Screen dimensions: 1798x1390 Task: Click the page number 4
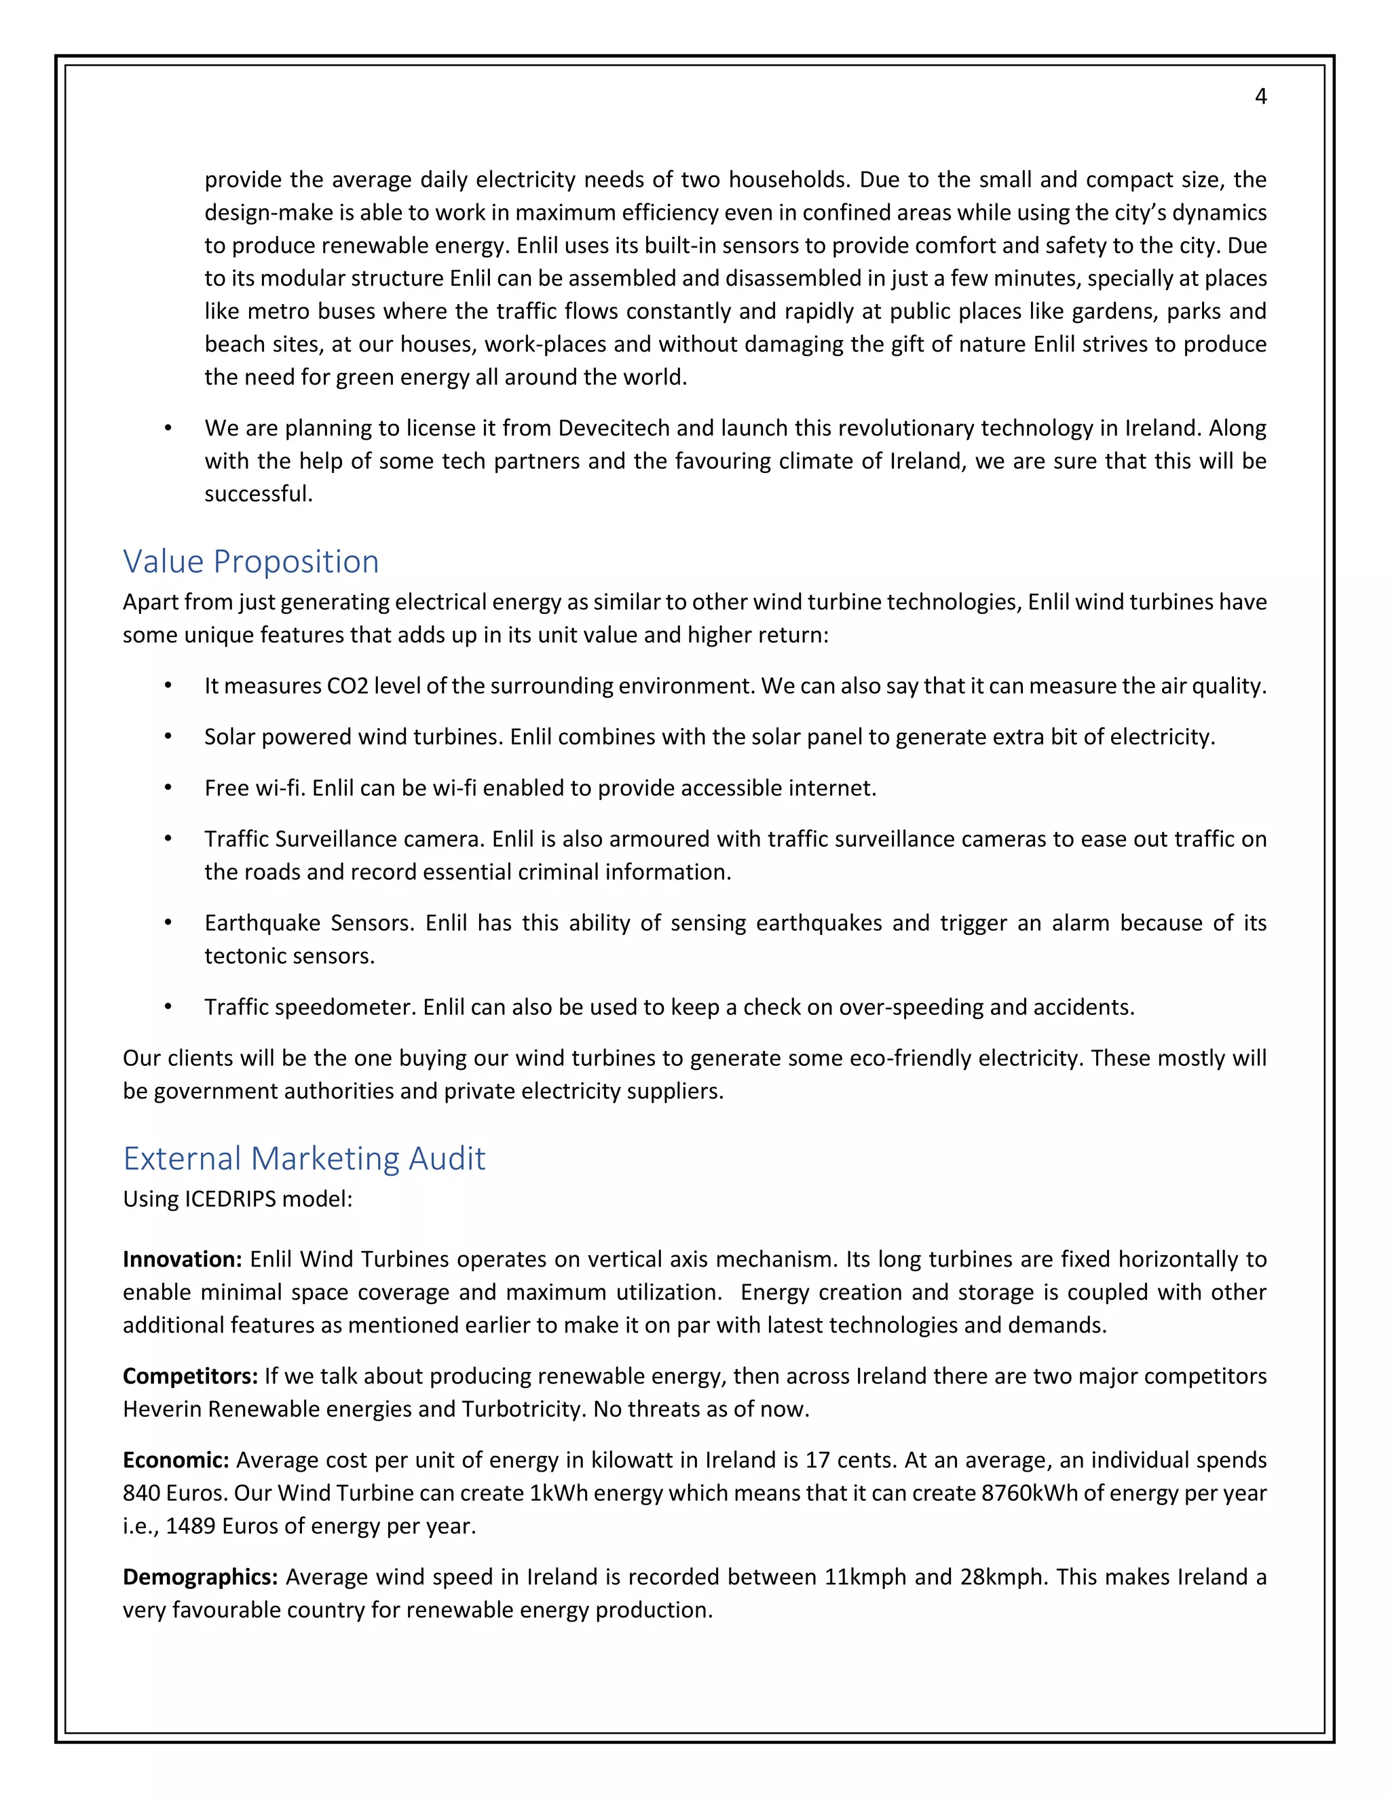coord(1260,97)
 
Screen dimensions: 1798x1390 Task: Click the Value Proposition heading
coord(250,562)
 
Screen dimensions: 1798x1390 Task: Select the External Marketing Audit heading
coord(304,1158)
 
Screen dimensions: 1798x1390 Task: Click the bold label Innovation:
coord(182,1259)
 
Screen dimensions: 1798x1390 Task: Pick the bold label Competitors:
coord(190,1377)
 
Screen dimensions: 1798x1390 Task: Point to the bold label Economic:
coord(175,1461)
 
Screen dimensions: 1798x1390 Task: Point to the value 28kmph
coord(1002,1577)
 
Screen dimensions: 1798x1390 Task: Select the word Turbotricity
coord(524,1409)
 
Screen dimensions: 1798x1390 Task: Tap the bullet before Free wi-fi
coord(168,788)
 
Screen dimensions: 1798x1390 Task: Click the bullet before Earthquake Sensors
coord(168,923)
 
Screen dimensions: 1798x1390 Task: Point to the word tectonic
coord(242,956)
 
